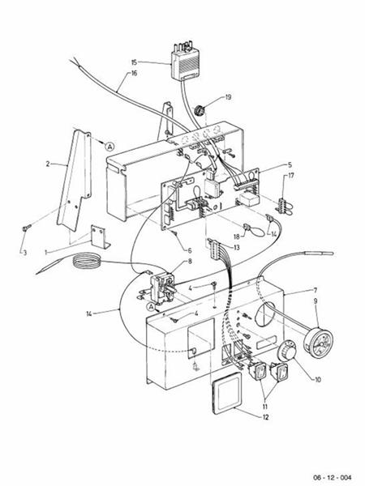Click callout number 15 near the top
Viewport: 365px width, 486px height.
(x=134, y=61)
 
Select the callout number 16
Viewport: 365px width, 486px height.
(x=134, y=73)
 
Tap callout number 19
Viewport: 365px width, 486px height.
(x=228, y=97)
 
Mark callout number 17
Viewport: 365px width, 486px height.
(x=291, y=176)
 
